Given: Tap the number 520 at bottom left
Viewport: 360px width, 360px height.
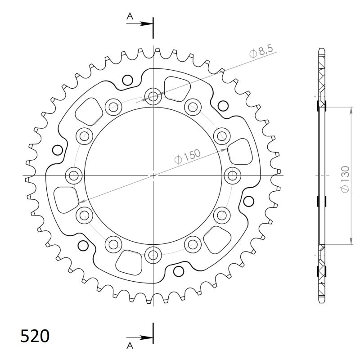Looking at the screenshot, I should click(x=35, y=336).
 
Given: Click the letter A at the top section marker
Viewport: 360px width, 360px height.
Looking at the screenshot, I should click(x=130, y=16).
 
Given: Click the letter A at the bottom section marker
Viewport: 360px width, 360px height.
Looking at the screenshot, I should click(x=130, y=346).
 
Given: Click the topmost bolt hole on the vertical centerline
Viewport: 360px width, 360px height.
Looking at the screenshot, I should click(x=153, y=96).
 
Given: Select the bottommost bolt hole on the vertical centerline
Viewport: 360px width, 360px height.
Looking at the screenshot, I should click(x=153, y=255).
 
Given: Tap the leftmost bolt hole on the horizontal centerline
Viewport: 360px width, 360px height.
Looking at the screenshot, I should click(x=73, y=175).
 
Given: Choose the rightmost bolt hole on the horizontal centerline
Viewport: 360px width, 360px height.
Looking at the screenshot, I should click(x=233, y=175).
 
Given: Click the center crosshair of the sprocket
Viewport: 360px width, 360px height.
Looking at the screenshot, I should click(x=153, y=175).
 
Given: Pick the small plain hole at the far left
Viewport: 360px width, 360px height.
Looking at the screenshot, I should click(x=57, y=149).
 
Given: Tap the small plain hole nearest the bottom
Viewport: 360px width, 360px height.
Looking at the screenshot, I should click(x=178, y=270).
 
